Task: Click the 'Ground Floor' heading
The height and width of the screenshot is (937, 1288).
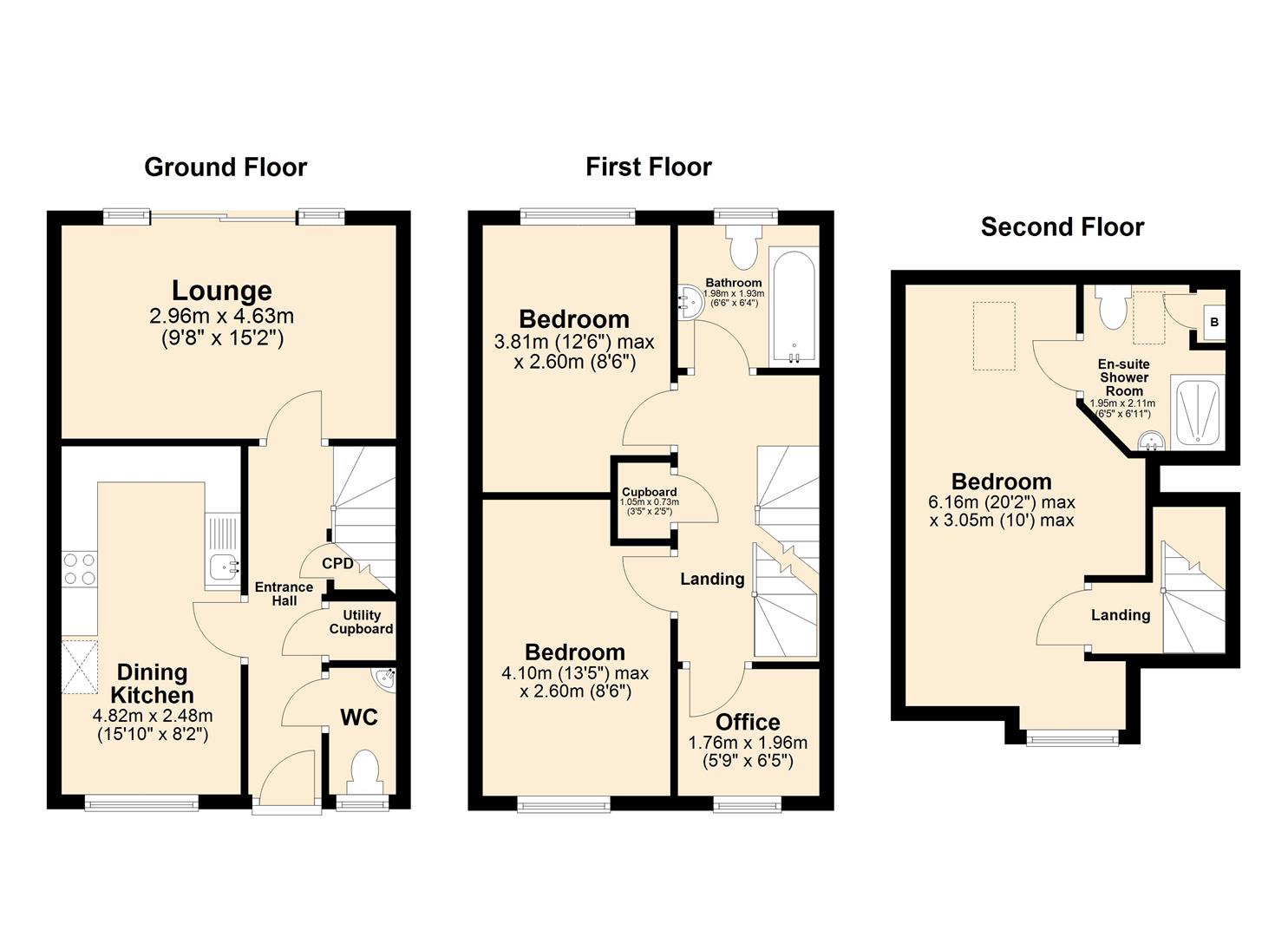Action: pyautogui.click(x=226, y=167)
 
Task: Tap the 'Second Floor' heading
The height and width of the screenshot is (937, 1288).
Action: pyautogui.click(x=1062, y=227)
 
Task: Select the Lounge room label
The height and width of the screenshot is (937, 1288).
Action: pyautogui.click(x=222, y=291)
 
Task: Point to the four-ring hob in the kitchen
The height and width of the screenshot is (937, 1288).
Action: pyautogui.click(x=79, y=569)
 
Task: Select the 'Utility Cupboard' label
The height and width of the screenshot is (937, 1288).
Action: pyautogui.click(x=361, y=622)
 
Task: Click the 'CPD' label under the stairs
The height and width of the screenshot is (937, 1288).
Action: pyautogui.click(x=337, y=564)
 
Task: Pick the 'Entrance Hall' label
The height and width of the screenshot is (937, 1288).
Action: pyautogui.click(x=284, y=594)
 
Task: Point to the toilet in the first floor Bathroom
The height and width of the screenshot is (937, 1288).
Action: pyautogui.click(x=742, y=247)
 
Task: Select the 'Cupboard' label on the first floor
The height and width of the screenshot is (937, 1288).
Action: pyautogui.click(x=649, y=492)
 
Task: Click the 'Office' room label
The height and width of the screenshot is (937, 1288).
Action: pyautogui.click(x=748, y=722)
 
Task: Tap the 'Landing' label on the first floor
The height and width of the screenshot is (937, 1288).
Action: pyautogui.click(x=712, y=579)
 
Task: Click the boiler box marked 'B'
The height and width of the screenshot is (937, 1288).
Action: pyautogui.click(x=1213, y=322)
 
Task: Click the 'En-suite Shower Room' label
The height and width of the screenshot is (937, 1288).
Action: pyautogui.click(x=1123, y=377)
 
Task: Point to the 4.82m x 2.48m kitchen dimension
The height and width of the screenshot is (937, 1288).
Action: pyautogui.click(x=153, y=716)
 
